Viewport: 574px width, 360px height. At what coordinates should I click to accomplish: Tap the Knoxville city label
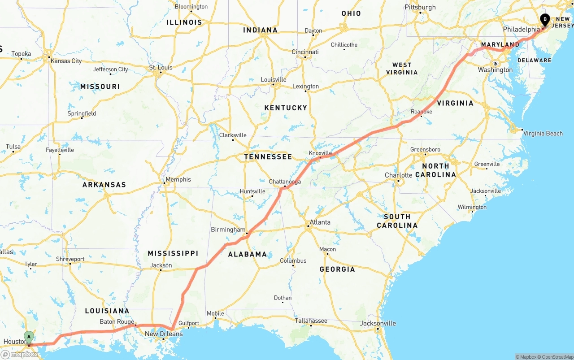pos(320,153)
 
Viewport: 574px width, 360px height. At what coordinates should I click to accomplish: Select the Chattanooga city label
pos(285,182)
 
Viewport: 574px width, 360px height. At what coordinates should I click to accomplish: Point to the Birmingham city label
pos(228,230)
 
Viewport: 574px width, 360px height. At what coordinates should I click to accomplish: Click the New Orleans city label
pos(164,334)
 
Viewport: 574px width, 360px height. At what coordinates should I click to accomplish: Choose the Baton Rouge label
pos(117,322)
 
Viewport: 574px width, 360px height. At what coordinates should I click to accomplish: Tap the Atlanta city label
pos(320,222)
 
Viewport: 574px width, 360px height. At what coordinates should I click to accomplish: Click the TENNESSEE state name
pos(268,157)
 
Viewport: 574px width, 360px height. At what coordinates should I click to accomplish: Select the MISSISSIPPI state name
pos(173,254)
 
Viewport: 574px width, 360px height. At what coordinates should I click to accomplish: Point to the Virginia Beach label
pos(543,133)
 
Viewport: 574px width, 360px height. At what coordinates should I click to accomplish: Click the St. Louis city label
pos(161,68)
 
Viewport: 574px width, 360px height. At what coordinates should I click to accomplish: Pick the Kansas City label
pos(66,61)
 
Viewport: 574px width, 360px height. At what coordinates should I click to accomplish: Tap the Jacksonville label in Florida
pos(379,323)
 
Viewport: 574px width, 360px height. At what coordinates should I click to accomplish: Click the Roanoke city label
pos(421,112)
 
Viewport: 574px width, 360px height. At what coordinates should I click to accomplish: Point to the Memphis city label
pos(178,179)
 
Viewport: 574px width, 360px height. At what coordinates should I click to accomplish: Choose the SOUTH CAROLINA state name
pos(397,221)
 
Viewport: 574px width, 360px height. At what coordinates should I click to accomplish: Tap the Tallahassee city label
pos(311,321)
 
